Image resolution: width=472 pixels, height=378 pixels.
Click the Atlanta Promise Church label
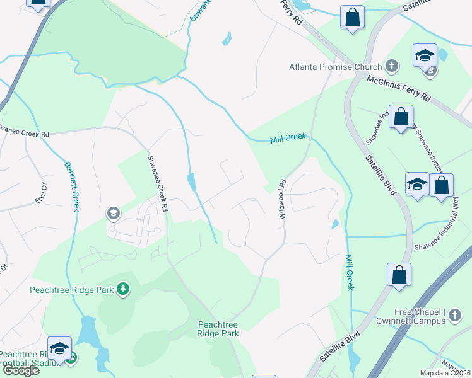[335, 67]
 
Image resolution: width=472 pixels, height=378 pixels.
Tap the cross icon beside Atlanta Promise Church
[392, 66]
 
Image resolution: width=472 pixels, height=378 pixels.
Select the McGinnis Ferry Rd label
[399, 89]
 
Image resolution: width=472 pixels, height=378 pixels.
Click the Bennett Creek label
[71, 186]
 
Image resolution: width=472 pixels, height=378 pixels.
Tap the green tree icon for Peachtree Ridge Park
[124, 289]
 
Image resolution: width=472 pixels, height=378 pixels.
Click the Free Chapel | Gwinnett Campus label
[413, 316]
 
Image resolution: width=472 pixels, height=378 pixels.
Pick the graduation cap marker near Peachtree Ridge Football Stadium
[59, 348]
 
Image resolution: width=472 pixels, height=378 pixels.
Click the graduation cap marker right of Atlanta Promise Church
[425, 55]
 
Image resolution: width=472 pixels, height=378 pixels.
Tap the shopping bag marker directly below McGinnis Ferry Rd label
[401, 117]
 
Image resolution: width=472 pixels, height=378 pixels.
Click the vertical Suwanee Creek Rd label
[156, 183]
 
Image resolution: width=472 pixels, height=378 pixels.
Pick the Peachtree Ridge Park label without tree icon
[218, 329]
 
